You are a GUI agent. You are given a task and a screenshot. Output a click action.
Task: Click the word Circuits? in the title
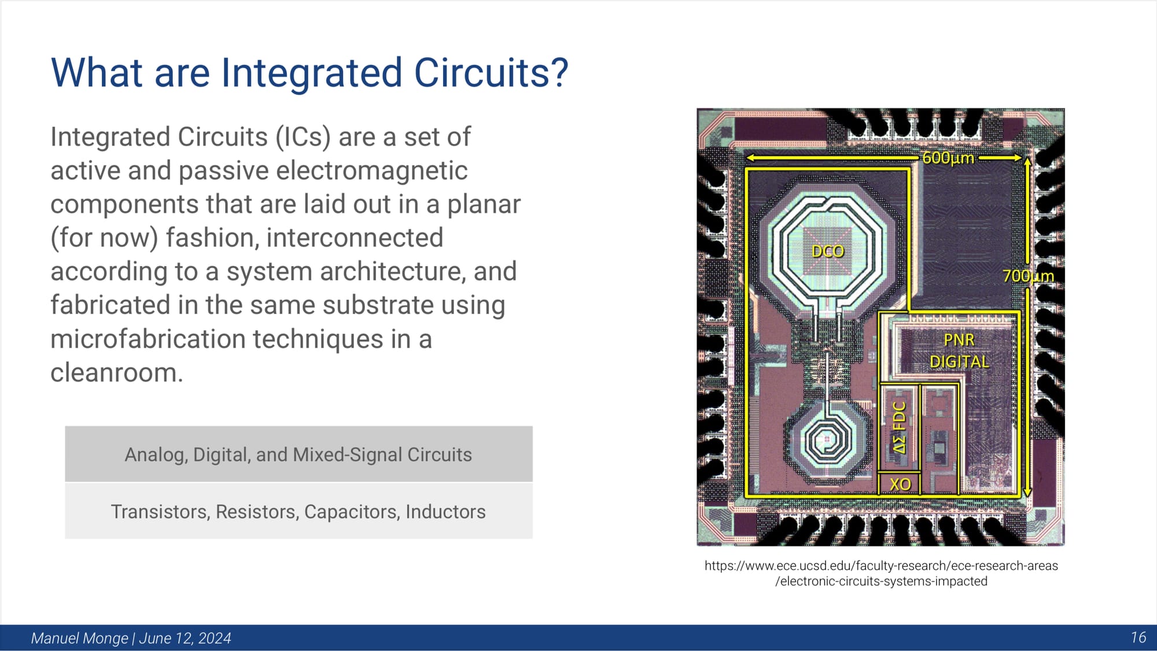click(x=491, y=73)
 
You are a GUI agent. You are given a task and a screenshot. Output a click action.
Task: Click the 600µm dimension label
click(x=948, y=158)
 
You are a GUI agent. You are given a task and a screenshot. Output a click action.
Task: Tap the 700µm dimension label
click(x=1028, y=276)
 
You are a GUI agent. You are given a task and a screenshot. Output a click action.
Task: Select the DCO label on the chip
click(x=828, y=251)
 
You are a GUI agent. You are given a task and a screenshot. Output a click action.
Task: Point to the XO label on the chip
click(x=900, y=484)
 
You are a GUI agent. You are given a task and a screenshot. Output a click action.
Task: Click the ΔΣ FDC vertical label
click(x=899, y=428)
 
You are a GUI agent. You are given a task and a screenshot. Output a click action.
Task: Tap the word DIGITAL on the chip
click(x=959, y=362)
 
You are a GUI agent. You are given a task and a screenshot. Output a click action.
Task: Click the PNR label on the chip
click(x=959, y=340)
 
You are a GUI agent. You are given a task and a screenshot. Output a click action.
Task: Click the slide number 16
click(x=1138, y=638)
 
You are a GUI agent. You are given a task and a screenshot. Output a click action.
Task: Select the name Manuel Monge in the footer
click(x=79, y=638)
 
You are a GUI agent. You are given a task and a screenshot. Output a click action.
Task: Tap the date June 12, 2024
click(x=185, y=638)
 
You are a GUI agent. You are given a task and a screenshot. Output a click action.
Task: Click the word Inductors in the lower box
click(x=445, y=512)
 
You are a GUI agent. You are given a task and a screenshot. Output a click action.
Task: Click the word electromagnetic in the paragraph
click(x=323, y=171)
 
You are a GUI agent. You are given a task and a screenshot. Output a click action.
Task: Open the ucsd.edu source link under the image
click(x=881, y=574)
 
